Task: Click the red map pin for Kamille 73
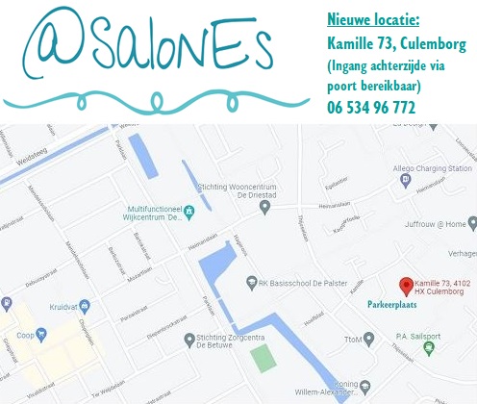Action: (x=406, y=285)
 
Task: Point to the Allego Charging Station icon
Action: (x=405, y=179)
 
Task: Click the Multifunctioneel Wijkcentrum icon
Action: (x=188, y=211)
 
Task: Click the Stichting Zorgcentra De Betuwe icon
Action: (x=188, y=339)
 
